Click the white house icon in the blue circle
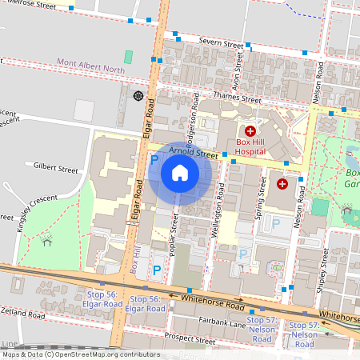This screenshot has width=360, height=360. click(x=180, y=173)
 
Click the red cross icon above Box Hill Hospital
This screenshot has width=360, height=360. click(x=250, y=130)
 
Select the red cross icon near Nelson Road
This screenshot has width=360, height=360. click(x=282, y=184)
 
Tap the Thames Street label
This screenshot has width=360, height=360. click(x=238, y=101)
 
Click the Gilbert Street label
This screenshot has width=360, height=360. click(x=55, y=170)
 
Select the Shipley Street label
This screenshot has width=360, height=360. click(x=325, y=270)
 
